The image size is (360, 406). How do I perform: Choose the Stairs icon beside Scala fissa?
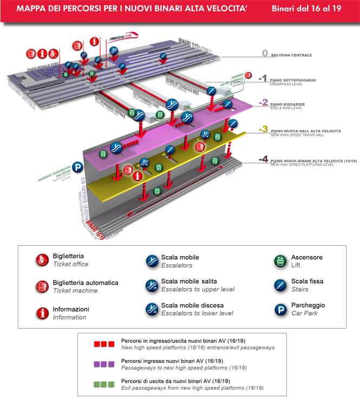(x=280, y=285)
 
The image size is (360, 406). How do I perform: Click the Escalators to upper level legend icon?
(x=152, y=285)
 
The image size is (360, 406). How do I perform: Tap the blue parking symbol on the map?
(x=78, y=168)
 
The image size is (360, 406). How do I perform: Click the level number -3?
(x=263, y=129)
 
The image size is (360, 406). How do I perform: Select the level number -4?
(x=263, y=159)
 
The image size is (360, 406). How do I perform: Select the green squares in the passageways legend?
(x=103, y=384)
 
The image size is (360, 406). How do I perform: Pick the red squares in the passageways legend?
(x=103, y=343)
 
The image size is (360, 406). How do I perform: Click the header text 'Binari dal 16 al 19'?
(x=306, y=10)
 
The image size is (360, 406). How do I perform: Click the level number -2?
(x=263, y=102)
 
